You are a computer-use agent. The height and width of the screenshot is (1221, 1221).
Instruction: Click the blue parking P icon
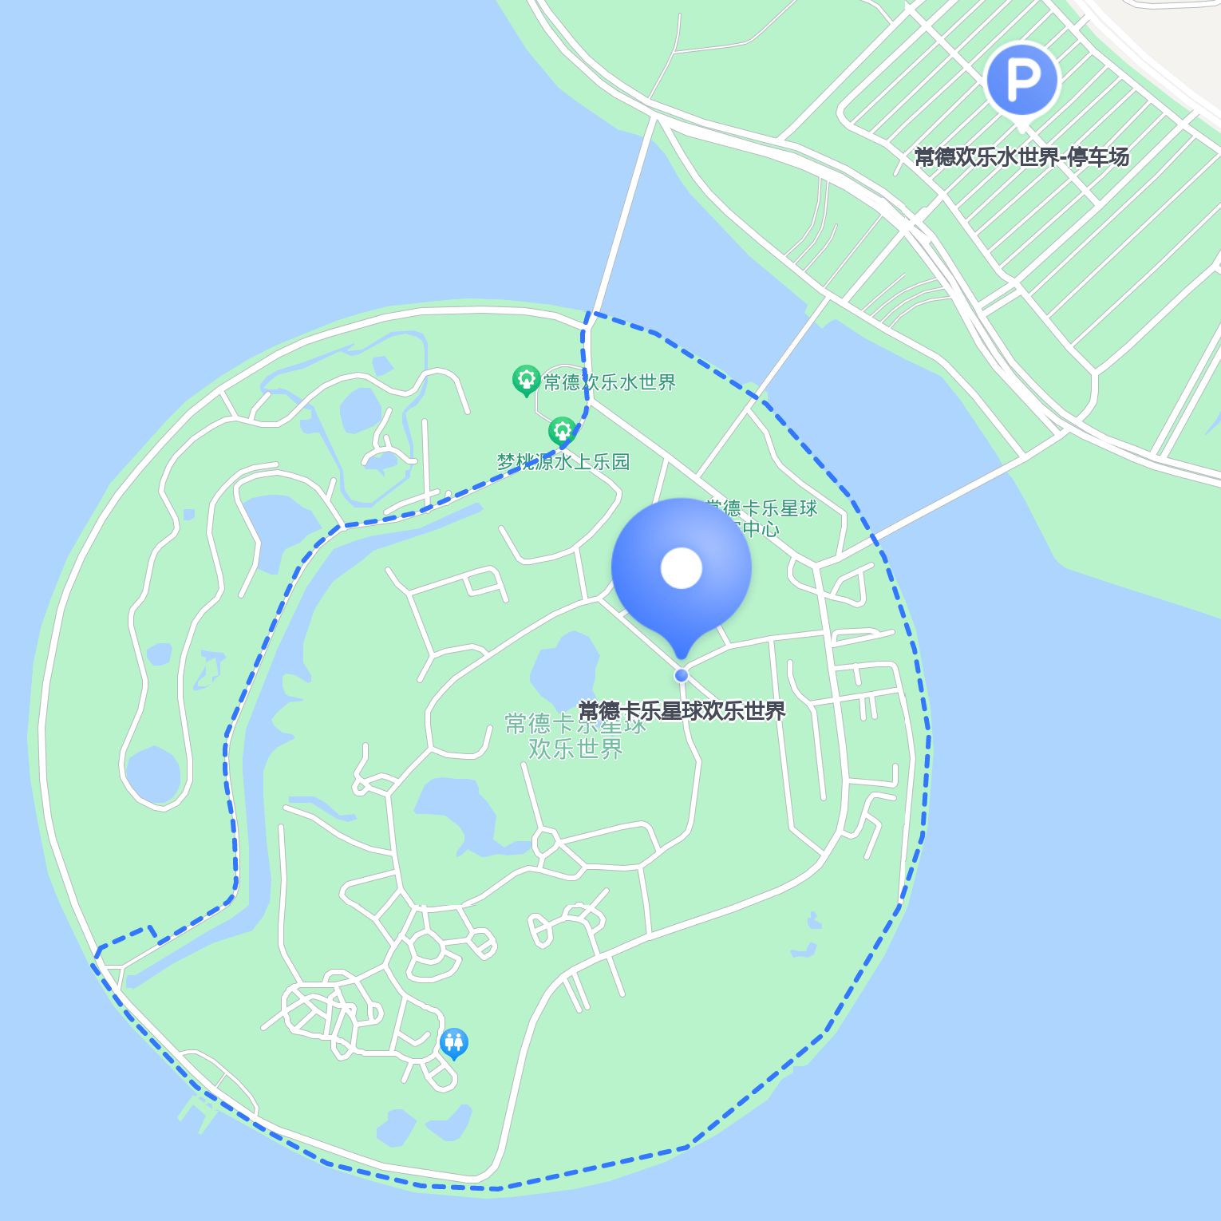click(1021, 80)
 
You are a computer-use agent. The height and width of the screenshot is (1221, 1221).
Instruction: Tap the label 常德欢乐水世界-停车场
click(1021, 157)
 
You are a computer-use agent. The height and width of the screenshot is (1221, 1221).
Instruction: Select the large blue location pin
click(681, 575)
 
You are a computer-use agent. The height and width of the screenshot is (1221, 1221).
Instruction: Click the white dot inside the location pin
click(681, 568)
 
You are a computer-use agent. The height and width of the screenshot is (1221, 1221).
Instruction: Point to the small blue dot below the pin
click(681, 675)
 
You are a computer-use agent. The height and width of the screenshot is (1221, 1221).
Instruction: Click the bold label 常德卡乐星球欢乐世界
click(682, 710)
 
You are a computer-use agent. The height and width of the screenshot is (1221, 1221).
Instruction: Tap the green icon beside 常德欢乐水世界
click(525, 380)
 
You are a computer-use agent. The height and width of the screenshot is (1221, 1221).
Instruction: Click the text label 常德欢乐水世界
click(609, 382)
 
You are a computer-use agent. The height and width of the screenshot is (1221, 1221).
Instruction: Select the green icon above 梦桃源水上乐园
click(562, 432)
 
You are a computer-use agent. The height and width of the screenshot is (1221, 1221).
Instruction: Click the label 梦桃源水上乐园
click(563, 461)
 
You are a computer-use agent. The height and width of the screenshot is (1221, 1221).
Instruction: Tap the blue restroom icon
click(453, 1042)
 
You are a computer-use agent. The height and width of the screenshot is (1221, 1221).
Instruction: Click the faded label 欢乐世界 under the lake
click(575, 749)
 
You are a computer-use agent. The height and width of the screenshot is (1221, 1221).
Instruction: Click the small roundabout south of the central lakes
click(547, 841)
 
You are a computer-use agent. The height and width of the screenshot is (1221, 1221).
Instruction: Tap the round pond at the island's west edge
click(152, 773)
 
